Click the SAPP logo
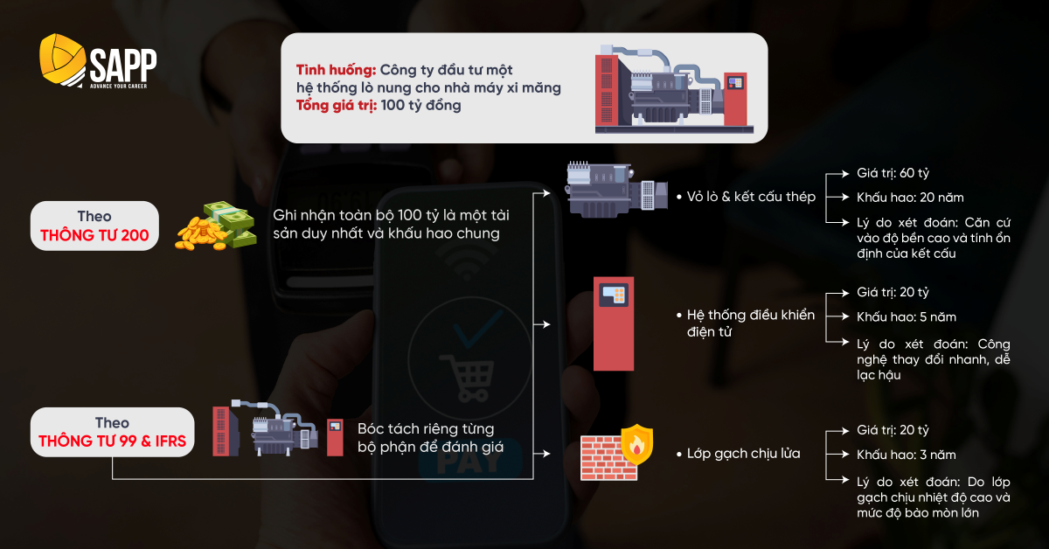click(98, 61)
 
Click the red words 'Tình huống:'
click(336, 70)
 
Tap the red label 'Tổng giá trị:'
click(337, 106)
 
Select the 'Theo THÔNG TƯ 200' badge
click(94, 226)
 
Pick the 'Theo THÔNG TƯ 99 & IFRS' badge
click(113, 432)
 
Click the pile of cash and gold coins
click(216, 226)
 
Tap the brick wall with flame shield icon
click(617, 453)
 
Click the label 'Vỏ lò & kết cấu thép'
click(751, 197)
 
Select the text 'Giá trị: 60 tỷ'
click(893, 173)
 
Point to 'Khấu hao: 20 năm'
click(910, 198)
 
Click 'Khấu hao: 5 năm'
click(907, 317)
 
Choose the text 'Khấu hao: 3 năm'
click(907, 455)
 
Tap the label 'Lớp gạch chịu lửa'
click(744, 454)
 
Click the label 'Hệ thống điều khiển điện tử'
click(751, 323)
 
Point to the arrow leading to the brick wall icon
click(542, 454)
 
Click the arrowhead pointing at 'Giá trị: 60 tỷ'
click(846, 174)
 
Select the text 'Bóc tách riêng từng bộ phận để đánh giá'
click(430, 437)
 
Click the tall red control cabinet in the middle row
click(614, 323)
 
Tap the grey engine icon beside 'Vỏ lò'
click(617, 190)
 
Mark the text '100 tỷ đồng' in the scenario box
click(421, 106)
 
